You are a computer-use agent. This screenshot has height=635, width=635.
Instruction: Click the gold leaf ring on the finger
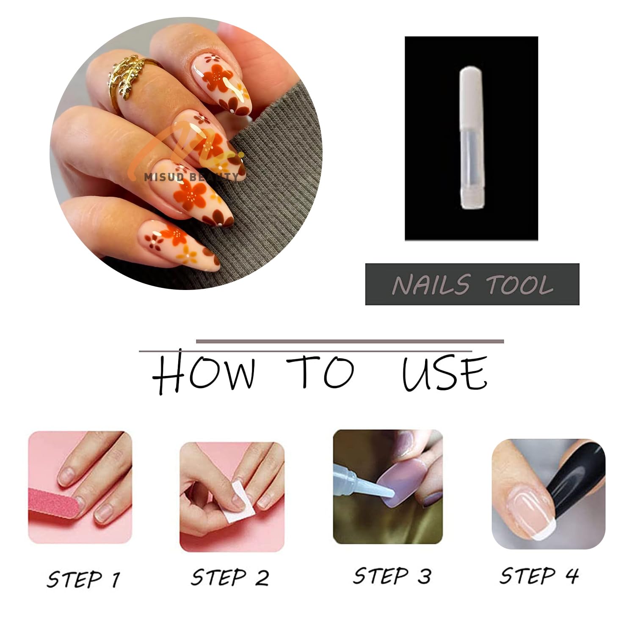[127, 78]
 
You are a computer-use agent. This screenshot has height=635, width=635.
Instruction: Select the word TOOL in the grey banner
[520, 284]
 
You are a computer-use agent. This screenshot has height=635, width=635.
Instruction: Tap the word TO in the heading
[320, 372]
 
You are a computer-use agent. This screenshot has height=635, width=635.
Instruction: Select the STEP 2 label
[230, 577]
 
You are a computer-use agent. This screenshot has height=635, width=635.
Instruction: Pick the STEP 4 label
[539, 575]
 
